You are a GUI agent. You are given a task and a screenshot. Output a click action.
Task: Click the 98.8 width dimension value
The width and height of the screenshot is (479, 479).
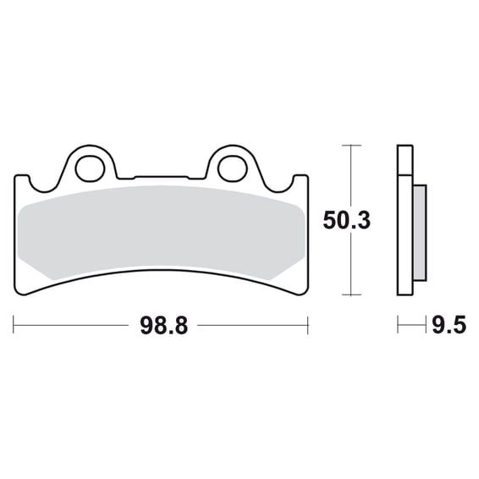tap(163, 326)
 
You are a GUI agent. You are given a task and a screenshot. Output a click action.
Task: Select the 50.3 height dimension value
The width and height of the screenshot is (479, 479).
tap(346, 220)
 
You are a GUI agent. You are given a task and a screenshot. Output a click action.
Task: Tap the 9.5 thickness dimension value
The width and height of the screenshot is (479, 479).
tap(449, 325)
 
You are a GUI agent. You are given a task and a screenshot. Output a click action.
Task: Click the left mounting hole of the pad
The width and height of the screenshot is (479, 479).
tap(90, 169)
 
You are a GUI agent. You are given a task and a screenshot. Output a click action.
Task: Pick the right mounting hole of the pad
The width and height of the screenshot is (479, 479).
tap(233, 169)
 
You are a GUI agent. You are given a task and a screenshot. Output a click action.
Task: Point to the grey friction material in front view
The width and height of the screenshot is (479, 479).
tap(161, 232)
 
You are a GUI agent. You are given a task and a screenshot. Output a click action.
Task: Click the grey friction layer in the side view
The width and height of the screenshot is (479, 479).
tap(420, 233)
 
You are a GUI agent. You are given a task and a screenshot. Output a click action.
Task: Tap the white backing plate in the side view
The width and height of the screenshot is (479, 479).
tap(405, 235)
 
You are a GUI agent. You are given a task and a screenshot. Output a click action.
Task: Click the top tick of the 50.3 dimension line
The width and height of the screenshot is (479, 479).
tap(351, 146)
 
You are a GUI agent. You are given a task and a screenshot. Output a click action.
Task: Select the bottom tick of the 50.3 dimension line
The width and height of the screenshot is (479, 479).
tap(351, 295)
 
